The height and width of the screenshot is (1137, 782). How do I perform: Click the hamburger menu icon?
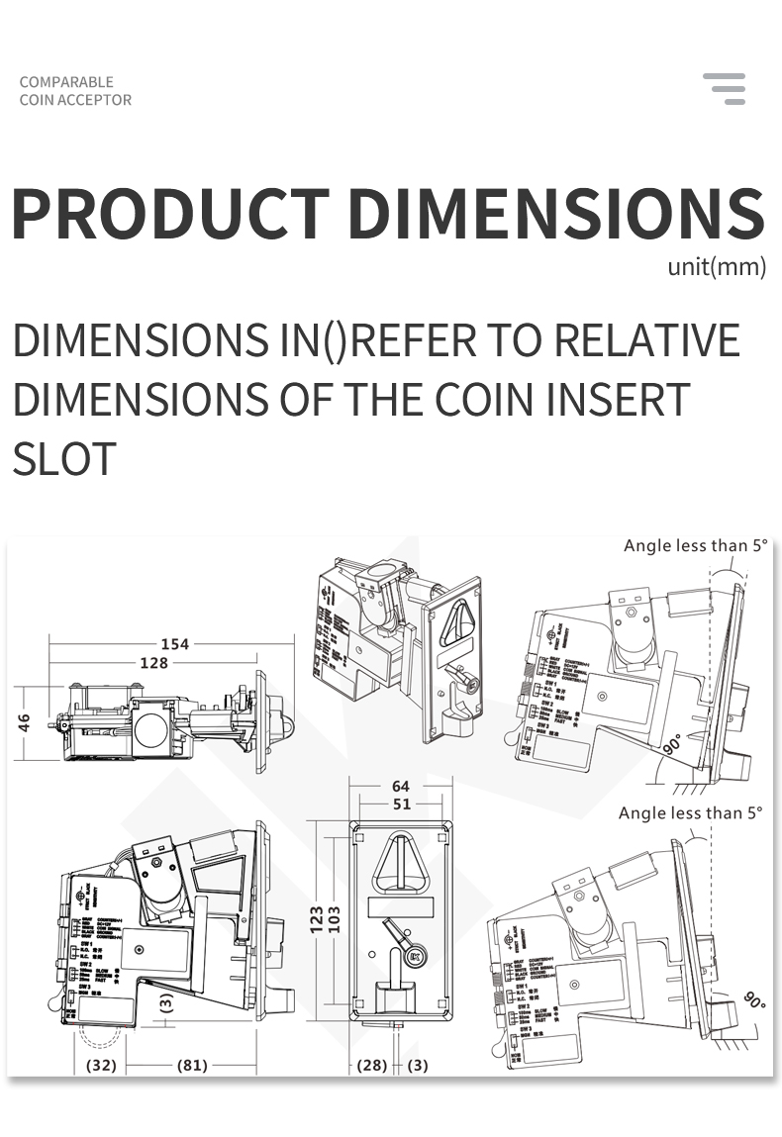725,88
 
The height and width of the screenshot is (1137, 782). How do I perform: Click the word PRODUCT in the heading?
170,214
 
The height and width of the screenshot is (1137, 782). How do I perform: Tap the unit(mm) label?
717,267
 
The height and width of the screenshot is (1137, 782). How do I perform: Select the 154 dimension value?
175,644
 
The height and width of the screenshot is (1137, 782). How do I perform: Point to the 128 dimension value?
153,663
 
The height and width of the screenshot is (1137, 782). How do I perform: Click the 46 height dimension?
24,722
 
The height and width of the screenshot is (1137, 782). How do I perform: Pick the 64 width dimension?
400,787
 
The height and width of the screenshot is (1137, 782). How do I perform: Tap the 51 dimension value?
400,805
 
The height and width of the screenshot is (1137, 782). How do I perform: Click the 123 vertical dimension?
317,921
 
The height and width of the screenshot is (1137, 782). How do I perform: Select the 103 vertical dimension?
335,921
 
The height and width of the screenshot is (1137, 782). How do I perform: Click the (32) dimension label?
100,1066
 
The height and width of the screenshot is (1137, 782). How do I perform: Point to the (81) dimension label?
192,1066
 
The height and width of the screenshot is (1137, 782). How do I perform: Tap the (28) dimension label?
371,1066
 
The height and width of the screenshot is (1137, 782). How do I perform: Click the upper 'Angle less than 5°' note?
695,546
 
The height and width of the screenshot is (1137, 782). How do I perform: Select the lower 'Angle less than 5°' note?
691,813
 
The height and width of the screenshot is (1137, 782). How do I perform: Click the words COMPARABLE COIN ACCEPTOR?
75,91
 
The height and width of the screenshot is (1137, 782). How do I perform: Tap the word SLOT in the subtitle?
64,458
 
